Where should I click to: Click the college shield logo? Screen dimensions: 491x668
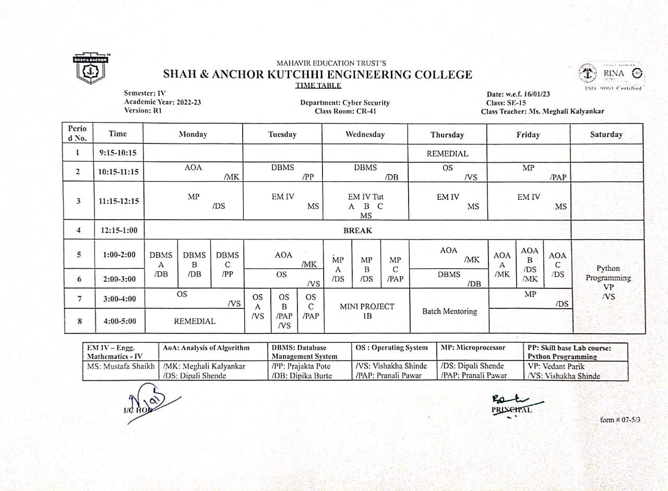[x=91, y=68]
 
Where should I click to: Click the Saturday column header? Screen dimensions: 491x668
[x=606, y=135]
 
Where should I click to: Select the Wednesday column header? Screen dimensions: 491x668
[x=365, y=135]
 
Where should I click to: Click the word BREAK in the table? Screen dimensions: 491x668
[x=357, y=230]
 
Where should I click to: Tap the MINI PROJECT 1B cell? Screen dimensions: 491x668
[x=367, y=311]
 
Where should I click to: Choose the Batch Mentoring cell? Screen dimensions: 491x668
[x=449, y=312]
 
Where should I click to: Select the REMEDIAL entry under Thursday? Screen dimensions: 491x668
[x=447, y=154]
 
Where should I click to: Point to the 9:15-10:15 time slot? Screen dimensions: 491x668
[x=118, y=153]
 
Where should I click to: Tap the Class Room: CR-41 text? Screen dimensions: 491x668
[x=345, y=111]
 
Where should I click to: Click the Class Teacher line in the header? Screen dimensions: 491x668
[x=543, y=112]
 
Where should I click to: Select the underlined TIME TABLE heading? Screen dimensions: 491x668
[x=318, y=85]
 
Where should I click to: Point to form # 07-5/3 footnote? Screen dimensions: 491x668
[x=620, y=419]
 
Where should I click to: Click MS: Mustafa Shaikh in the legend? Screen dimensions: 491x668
[x=121, y=367]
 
